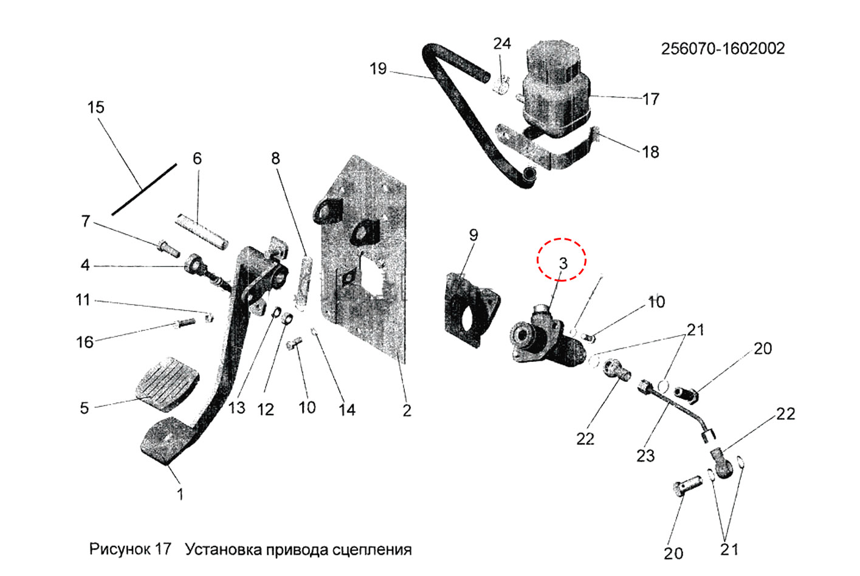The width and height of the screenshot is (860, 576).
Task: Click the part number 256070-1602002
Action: point(723,49)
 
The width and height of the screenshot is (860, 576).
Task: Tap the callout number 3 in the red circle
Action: point(563,263)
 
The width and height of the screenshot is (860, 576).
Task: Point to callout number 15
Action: point(95,108)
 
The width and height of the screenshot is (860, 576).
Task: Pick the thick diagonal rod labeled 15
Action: point(144,189)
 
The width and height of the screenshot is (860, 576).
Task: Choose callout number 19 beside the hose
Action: point(378,69)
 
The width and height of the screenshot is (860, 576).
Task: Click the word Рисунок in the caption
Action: point(119,549)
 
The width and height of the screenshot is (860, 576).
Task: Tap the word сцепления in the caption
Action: point(372,550)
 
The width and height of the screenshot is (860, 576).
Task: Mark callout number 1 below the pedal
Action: point(180,493)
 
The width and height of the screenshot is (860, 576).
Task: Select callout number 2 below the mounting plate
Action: point(407,411)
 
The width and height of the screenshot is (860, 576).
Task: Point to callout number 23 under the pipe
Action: point(645,455)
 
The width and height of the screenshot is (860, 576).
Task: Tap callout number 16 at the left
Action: point(85,342)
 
